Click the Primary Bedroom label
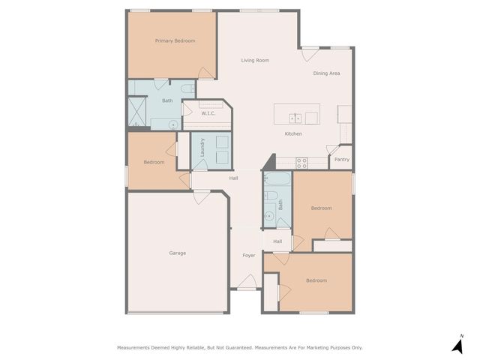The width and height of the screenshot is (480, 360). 175,40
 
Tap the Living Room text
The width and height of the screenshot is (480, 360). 255,60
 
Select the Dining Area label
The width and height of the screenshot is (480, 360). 326,73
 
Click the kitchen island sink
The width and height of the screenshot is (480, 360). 296,118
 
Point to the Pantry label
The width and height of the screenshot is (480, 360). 341,159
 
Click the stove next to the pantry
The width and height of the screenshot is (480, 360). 301,161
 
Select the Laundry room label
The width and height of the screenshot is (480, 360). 202,146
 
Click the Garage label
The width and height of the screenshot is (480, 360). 177,253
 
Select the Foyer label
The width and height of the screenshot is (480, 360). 248,255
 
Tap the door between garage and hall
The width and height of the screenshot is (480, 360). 202,196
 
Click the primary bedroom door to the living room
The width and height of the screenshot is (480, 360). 205,73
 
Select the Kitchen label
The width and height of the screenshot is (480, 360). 292,133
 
